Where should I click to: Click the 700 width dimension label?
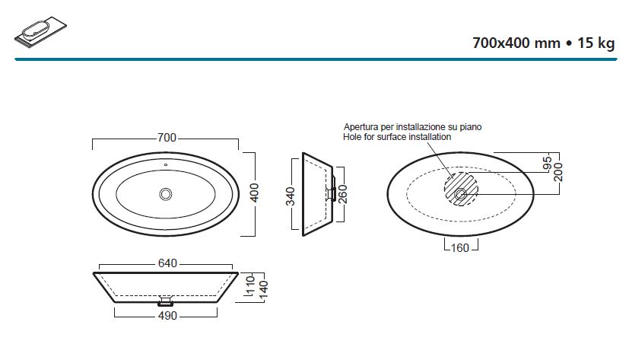point(167,138)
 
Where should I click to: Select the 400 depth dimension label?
point(254,193)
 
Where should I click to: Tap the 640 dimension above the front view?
point(167,263)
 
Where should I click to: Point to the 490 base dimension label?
point(167,316)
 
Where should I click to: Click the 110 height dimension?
point(251,285)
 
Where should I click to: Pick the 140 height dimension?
point(263,290)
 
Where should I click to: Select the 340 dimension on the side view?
point(290,196)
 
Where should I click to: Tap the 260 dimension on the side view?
point(343,194)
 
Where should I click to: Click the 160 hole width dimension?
point(459,248)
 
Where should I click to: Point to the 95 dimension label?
point(547,164)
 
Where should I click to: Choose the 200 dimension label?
point(558,172)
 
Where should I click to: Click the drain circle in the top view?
point(166,194)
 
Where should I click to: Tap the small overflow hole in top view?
point(165,164)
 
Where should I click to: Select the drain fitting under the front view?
point(165,301)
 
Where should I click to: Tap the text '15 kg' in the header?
point(596,43)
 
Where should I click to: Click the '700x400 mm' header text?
point(516,43)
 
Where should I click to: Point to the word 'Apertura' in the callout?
point(361,127)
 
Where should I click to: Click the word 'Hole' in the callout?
point(351,137)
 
